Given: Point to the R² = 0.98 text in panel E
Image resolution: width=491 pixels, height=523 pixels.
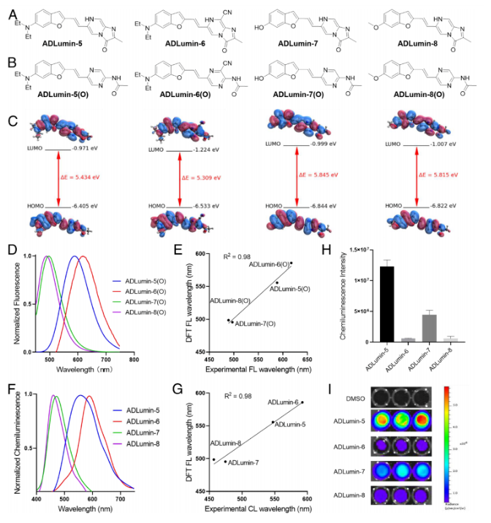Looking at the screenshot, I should [x=237, y=257].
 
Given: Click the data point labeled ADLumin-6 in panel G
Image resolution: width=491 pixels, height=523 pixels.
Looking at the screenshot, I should [x=302, y=402].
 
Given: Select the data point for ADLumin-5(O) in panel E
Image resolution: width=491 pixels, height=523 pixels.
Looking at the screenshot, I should [x=277, y=282].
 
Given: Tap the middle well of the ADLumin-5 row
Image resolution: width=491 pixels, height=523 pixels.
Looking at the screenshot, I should [x=397, y=421].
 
